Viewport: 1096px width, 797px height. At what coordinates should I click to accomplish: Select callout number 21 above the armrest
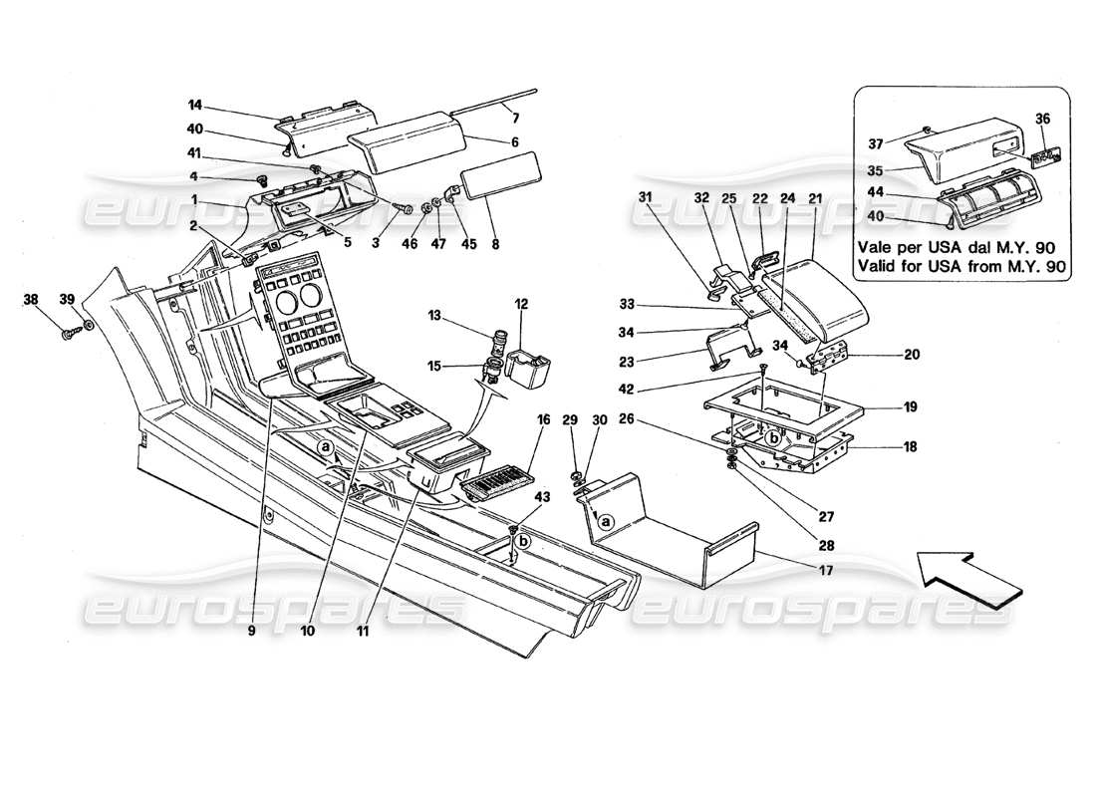coord(817,198)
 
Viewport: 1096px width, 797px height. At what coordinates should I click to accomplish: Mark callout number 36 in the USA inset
coord(1043,118)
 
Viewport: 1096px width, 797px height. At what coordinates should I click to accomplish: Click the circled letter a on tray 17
coord(603,519)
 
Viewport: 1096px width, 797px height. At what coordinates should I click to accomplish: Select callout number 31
coord(645,198)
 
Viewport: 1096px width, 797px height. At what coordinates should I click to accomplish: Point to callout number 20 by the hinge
coord(884,355)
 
